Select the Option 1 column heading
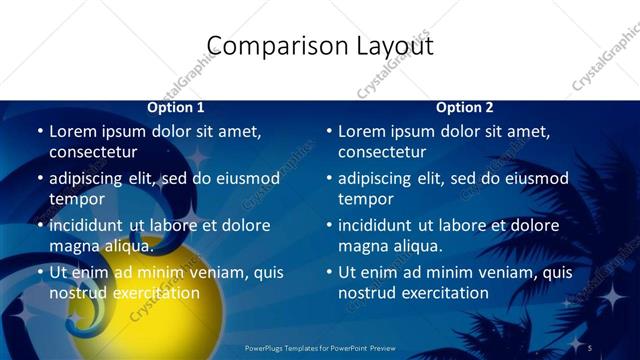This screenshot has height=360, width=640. (176, 107)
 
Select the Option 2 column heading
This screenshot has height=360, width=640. (465, 107)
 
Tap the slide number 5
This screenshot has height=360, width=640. (590, 348)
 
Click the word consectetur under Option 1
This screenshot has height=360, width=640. (93, 152)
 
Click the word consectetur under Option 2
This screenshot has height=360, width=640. (382, 152)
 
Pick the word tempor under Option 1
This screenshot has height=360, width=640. (76, 199)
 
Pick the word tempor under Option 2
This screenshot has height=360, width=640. (365, 199)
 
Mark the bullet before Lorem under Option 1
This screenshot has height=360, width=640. (40, 131)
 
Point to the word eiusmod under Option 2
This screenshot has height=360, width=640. (532, 179)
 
